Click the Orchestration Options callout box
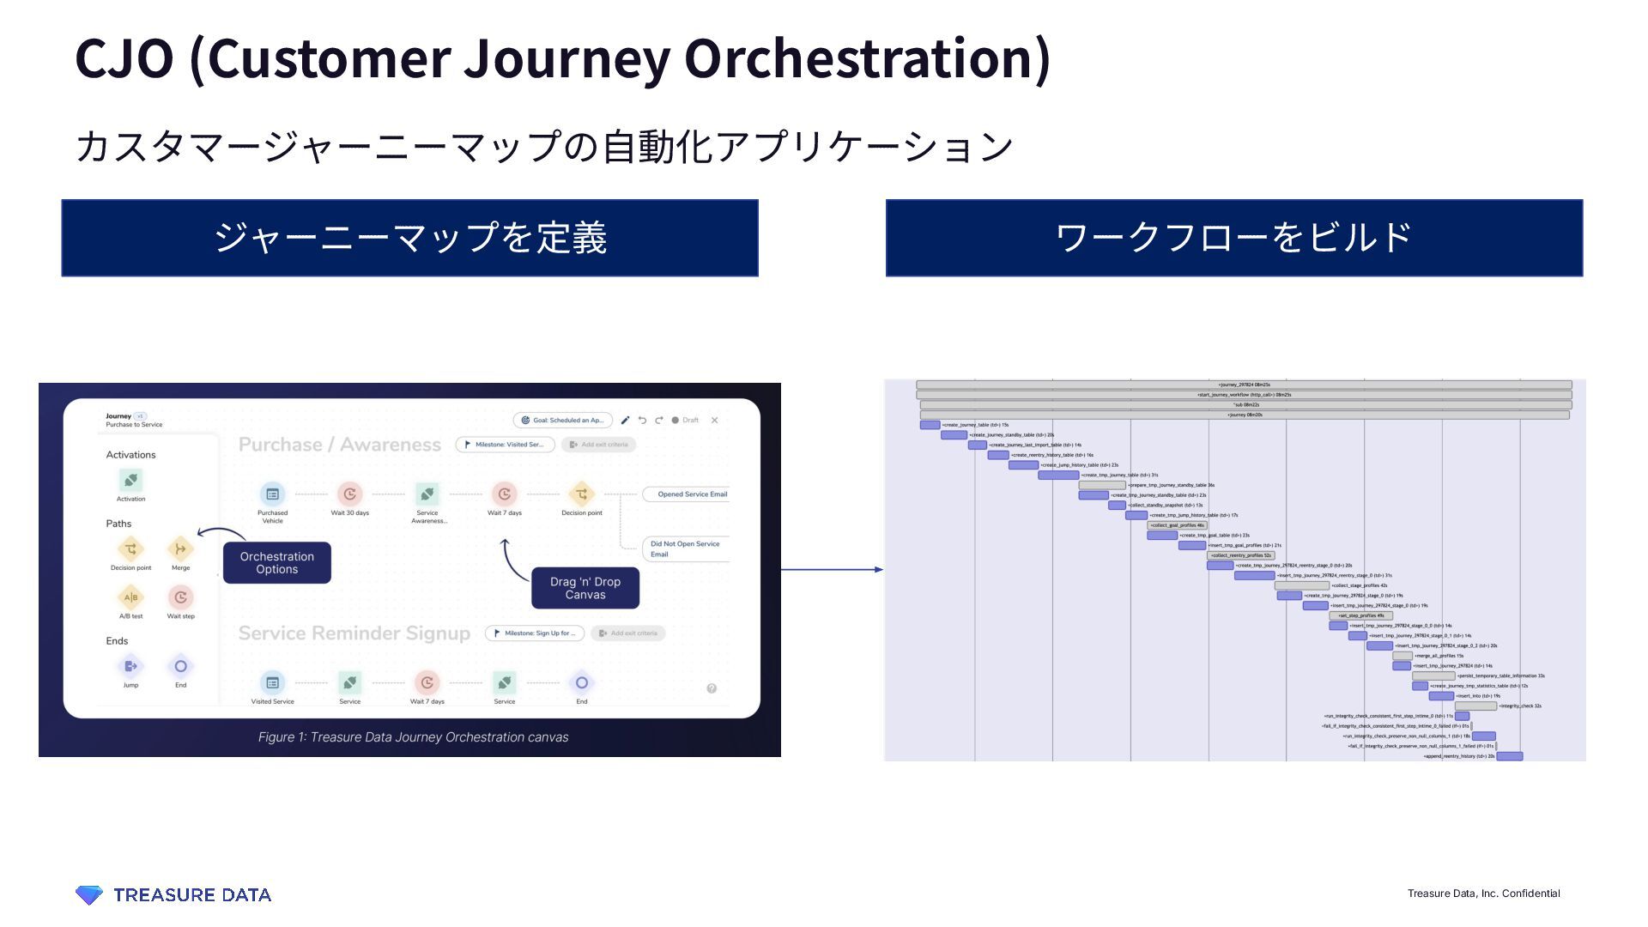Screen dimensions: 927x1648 (x=276, y=563)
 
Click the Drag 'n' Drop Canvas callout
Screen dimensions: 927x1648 (x=585, y=588)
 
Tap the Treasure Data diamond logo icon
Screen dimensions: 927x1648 (x=88, y=894)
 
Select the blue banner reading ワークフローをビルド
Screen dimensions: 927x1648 (x=1233, y=238)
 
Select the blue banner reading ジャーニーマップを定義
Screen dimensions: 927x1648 (x=409, y=238)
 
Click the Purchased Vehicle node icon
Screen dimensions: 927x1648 (x=272, y=494)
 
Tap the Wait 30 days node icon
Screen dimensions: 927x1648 (x=349, y=494)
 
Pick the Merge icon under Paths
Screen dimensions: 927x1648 (x=180, y=549)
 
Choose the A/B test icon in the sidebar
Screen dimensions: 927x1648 (x=130, y=597)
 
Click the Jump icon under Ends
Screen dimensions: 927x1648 (x=130, y=666)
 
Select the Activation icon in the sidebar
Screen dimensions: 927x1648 (x=130, y=480)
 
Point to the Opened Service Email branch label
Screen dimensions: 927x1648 (x=692, y=494)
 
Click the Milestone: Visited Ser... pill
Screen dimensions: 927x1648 (x=505, y=445)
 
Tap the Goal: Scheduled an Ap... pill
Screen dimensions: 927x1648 (x=563, y=421)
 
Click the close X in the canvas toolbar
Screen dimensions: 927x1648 (x=714, y=421)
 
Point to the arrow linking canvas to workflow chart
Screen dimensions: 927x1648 (x=832, y=569)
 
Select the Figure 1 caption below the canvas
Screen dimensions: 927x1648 (x=413, y=737)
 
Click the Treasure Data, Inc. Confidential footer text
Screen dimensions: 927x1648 (x=1483, y=894)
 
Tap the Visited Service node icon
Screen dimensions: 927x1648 (x=272, y=682)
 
